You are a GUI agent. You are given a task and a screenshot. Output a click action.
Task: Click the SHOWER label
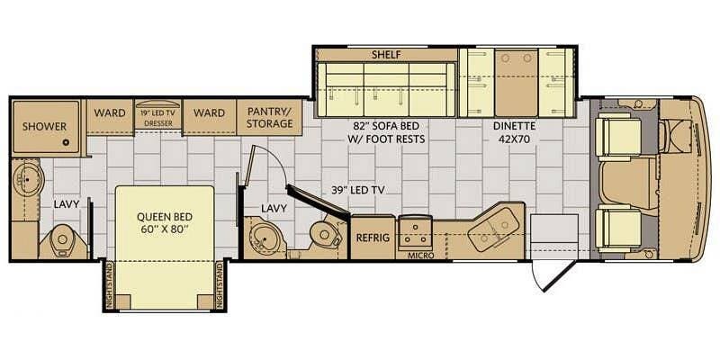click(44, 126)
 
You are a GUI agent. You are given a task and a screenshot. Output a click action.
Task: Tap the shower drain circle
click(66, 143)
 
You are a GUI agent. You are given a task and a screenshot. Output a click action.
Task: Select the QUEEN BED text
click(165, 216)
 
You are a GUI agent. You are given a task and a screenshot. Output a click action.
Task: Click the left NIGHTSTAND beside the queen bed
click(109, 285)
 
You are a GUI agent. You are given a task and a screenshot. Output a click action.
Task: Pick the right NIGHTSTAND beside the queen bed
click(220, 285)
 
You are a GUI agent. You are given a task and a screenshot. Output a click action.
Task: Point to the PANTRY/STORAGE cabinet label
click(270, 118)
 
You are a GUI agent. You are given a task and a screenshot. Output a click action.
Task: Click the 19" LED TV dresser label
click(158, 118)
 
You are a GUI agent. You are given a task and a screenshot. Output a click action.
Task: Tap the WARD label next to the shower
click(110, 113)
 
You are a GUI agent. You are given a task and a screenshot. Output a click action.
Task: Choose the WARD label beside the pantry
click(209, 113)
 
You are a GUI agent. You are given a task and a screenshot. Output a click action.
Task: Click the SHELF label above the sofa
click(387, 55)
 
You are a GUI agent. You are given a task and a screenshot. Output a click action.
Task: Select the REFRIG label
click(373, 238)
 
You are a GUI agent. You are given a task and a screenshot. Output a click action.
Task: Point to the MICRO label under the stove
click(421, 256)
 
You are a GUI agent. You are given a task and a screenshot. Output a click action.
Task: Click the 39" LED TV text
click(358, 190)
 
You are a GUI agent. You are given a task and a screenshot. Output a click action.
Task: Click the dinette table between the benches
click(517, 83)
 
